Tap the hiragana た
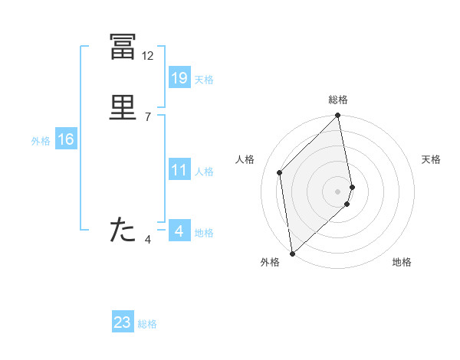coord(123,230)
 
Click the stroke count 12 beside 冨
coord(148,56)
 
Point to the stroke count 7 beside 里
coord(148,116)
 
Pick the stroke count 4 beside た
coord(148,240)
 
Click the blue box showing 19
coord(179,77)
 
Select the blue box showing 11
coord(179,170)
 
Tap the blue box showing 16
coord(65,139)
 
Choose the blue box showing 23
coord(123,322)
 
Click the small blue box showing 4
coord(179,231)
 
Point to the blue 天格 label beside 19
coord(204,80)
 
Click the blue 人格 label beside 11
coord(204,172)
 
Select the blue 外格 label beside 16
coord(41,141)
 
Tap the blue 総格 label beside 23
coord(147,324)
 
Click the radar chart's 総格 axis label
coord(338,100)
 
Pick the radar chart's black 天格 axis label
coord(431,159)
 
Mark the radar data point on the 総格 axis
coord(338,116)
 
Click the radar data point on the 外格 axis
coord(292,253)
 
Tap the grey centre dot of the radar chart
coord(338,191)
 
